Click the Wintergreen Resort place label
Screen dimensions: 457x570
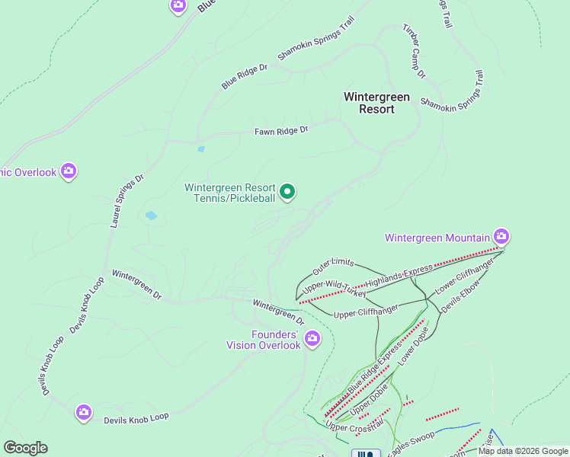click(376, 103)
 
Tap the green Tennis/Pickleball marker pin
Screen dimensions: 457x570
click(287, 193)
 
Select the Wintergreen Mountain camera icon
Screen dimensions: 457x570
click(501, 235)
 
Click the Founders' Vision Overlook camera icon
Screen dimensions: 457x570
click(312, 337)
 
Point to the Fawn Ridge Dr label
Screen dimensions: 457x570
click(281, 131)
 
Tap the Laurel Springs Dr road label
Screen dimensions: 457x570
click(127, 201)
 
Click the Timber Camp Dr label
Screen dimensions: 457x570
click(414, 51)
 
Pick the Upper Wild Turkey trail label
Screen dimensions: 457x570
click(335, 287)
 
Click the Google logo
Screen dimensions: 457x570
click(25, 448)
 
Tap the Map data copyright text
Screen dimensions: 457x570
click(523, 451)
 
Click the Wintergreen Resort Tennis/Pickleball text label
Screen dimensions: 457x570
click(229, 193)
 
